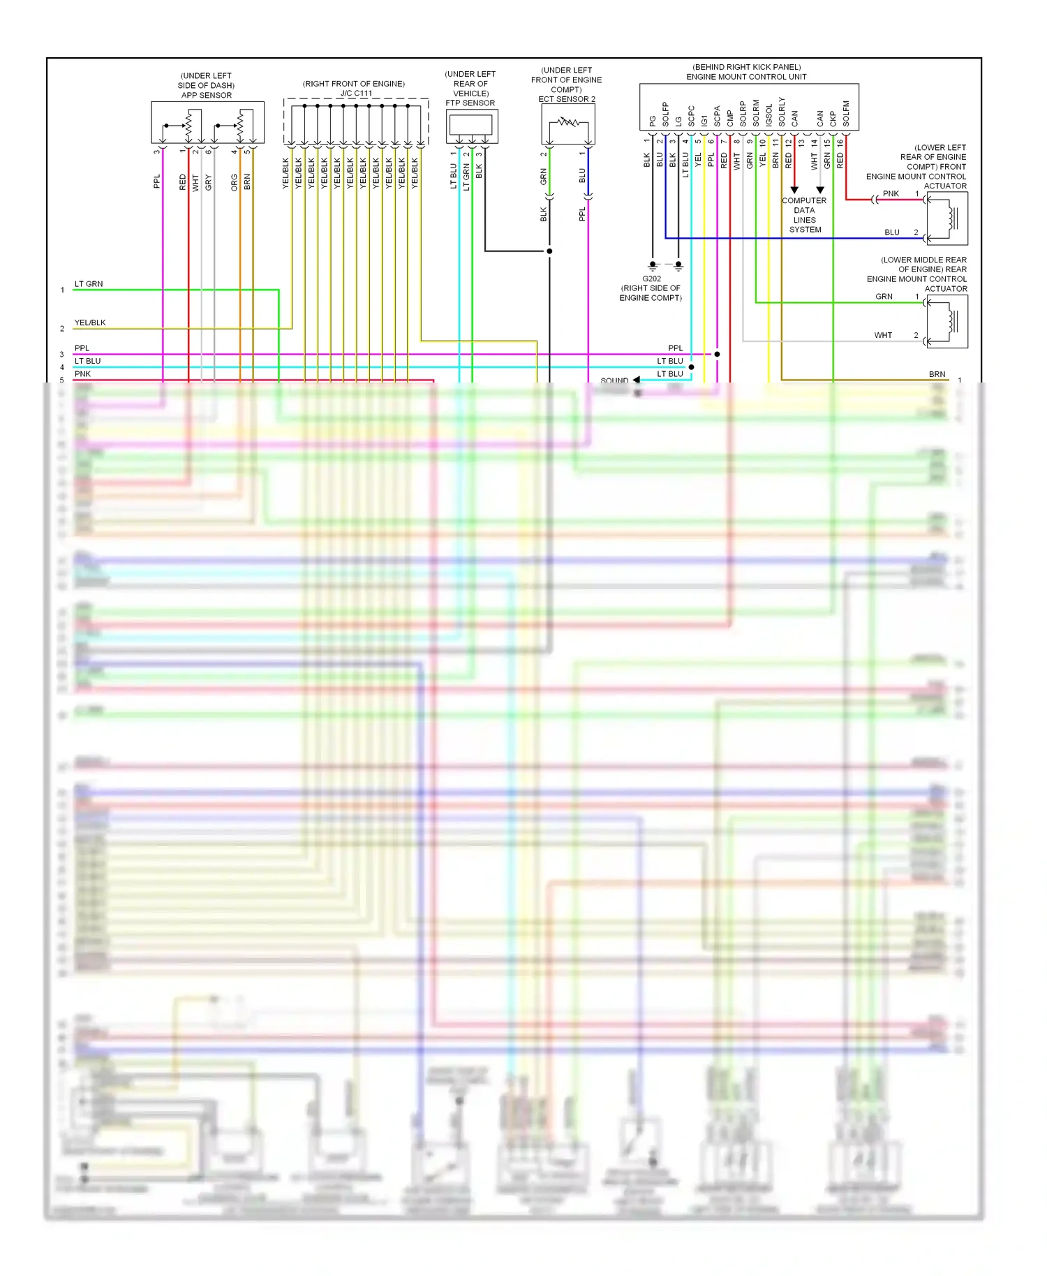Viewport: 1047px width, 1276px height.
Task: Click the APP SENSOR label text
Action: click(206, 95)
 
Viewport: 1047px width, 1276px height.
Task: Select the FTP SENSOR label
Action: click(470, 103)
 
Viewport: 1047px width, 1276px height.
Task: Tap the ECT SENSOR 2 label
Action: click(566, 99)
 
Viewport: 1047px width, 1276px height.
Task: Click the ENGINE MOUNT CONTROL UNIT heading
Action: click(745, 77)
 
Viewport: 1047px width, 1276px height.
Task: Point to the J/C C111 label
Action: click(356, 93)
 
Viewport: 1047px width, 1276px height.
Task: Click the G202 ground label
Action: click(651, 279)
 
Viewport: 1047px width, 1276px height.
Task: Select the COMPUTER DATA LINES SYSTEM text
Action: click(804, 215)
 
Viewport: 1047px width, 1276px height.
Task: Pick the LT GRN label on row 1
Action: click(89, 284)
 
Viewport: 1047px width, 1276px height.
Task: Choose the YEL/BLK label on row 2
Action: click(90, 322)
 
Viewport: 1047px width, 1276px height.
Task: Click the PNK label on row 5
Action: click(82, 374)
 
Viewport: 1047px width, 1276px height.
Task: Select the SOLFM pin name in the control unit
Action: click(846, 114)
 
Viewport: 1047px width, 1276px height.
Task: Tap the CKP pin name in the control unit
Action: click(833, 119)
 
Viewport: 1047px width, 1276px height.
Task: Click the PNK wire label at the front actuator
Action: click(891, 193)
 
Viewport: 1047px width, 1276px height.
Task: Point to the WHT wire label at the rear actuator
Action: click(883, 335)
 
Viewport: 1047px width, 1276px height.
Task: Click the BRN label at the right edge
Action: click(937, 374)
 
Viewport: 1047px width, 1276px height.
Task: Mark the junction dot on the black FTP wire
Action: click(549, 251)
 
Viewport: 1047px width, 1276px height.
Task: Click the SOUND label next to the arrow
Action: click(614, 380)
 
